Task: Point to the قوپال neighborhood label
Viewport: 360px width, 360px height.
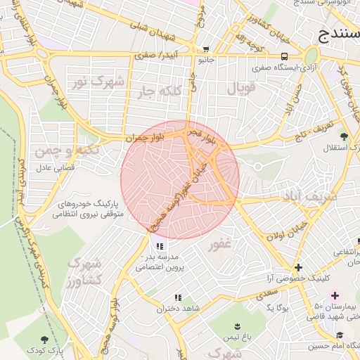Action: [242, 87]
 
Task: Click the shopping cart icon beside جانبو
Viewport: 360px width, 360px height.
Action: [205, 50]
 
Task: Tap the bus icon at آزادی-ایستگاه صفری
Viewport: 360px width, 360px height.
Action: [283, 56]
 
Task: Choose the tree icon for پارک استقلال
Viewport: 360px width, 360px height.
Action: [344, 136]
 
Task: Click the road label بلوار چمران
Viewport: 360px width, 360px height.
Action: [145, 139]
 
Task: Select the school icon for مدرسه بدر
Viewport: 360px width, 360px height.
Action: [160, 246]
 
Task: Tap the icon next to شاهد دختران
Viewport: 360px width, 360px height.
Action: [177, 297]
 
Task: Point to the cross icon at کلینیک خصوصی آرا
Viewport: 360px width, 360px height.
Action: [300, 267]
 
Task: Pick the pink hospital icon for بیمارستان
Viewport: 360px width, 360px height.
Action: [335, 295]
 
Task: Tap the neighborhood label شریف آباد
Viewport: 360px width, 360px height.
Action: [309, 195]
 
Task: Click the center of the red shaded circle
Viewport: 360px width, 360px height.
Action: [180, 180]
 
